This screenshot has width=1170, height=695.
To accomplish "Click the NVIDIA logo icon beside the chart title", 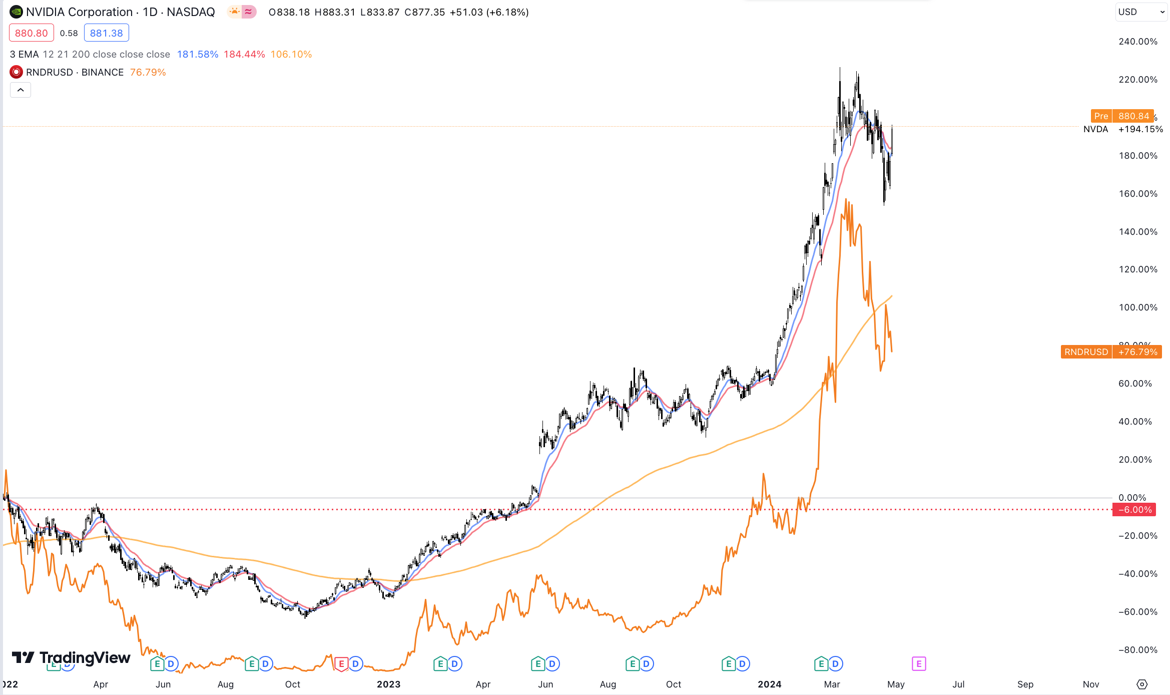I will pos(16,12).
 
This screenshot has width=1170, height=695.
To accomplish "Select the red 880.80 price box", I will pos(31,33).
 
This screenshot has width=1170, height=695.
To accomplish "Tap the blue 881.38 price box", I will pos(106,33).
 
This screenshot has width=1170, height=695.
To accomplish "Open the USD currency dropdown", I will pos(1141,12).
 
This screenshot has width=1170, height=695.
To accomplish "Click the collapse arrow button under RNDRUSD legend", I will pos(21,90).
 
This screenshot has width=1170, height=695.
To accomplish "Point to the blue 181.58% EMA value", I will pos(197,54).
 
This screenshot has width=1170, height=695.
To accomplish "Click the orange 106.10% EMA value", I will pos(291,54).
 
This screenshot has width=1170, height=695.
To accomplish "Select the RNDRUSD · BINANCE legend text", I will pos(75,72).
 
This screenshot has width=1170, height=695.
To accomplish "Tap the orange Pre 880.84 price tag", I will pos(1122,116).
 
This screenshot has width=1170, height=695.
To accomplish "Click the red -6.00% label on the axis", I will pos(1134,510).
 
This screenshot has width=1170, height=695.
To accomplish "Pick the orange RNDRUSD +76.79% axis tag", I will pos(1111,352).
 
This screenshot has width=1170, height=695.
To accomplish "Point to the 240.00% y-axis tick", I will pos(1137,42).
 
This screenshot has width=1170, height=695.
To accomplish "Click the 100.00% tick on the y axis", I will pos(1137,307).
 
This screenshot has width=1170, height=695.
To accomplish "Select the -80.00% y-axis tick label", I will pos(1137,650).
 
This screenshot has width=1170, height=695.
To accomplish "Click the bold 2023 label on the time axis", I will pos(388,684).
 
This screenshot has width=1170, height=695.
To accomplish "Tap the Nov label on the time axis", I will pos(1090,684).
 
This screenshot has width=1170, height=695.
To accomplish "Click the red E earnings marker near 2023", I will pos(341,664).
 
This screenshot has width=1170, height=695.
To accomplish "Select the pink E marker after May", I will pos(919,664).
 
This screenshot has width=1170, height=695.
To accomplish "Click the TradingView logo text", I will pos(85,657).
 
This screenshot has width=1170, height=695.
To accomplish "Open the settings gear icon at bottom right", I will pos(1142,684).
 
